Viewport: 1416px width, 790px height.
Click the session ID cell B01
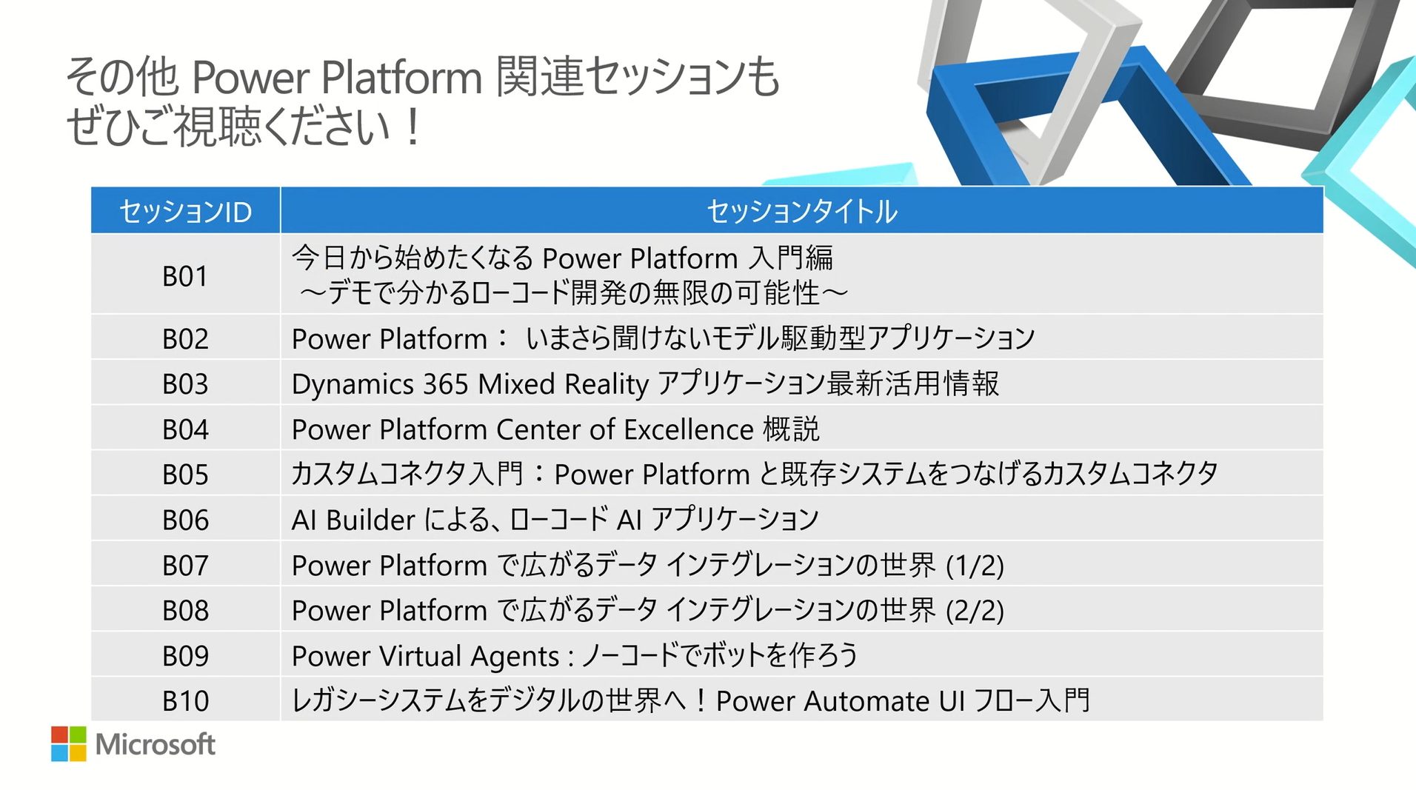tap(185, 276)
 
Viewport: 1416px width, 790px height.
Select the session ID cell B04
tap(185, 429)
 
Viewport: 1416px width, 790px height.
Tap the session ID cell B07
tap(185, 566)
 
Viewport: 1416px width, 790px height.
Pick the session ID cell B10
tap(185, 701)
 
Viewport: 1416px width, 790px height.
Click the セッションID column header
tap(185, 212)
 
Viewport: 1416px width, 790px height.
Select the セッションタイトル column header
tap(802, 212)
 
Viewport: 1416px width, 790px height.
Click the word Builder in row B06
tap(370, 520)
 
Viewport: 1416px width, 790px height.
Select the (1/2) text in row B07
tap(975, 566)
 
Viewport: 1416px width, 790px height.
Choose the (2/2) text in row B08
tap(975, 612)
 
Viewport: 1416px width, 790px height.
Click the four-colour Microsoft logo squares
tap(69, 743)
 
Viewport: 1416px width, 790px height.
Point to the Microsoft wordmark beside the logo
tap(156, 744)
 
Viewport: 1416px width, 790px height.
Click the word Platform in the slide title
tap(402, 77)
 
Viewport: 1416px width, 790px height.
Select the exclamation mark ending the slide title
tap(413, 126)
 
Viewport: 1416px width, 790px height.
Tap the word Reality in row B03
tap(607, 385)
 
